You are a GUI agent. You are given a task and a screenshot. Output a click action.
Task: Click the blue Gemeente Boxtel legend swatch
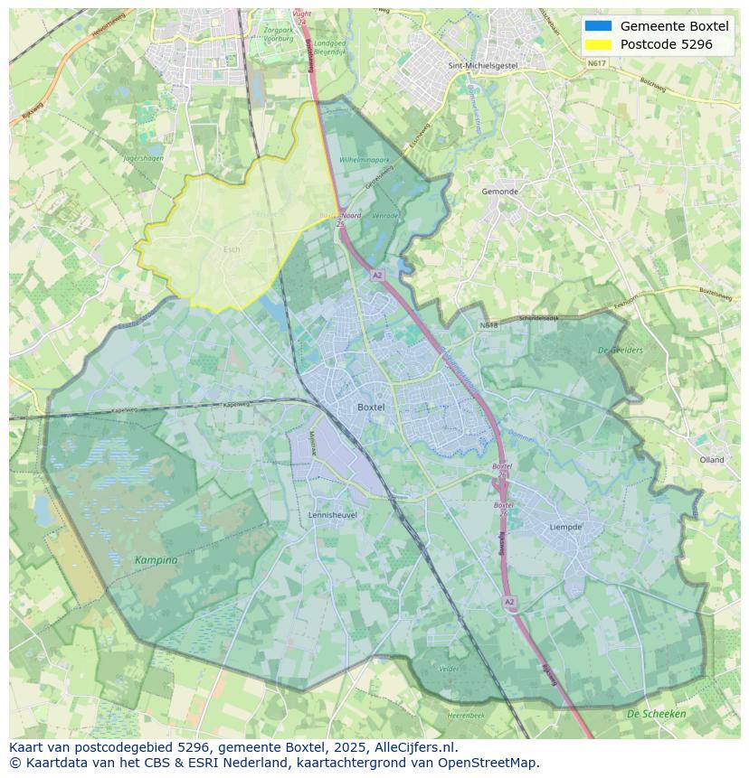pyautogui.click(x=598, y=26)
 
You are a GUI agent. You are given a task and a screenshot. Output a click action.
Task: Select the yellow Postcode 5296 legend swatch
pyautogui.click(x=598, y=44)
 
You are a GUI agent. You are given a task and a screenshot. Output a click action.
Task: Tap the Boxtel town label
pyautogui.click(x=371, y=408)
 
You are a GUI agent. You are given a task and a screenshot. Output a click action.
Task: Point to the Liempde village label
pyautogui.click(x=566, y=527)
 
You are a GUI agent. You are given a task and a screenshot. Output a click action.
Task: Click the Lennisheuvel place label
pyautogui.click(x=332, y=515)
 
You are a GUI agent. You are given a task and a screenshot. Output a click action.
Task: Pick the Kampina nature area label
pyautogui.click(x=156, y=560)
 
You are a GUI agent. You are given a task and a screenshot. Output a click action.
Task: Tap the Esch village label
pyautogui.click(x=232, y=249)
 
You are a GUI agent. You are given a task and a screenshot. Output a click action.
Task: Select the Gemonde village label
pyautogui.click(x=499, y=192)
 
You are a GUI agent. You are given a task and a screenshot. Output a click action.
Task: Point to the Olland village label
pyautogui.click(x=712, y=460)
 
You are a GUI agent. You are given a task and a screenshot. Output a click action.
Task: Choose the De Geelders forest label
pyautogui.click(x=621, y=351)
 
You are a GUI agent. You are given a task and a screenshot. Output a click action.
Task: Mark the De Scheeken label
pyautogui.click(x=656, y=714)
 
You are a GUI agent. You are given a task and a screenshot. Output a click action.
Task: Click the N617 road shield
pyautogui.click(x=596, y=63)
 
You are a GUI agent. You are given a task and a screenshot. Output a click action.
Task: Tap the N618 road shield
pyautogui.click(x=489, y=324)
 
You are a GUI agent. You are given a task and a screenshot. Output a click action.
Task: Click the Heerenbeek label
pyautogui.click(x=466, y=716)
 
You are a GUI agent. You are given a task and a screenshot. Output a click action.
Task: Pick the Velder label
pyautogui.click(x=449, y=669)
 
